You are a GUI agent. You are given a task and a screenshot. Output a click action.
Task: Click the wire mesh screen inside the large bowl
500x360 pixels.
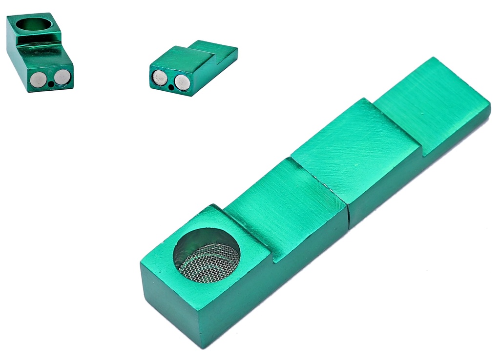pyautogui.click(x=209, y=263)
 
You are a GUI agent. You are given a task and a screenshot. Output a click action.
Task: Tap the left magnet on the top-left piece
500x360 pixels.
pyautogui.click(x=38, y=80)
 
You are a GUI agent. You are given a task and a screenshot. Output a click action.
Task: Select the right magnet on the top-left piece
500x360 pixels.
pyautogui.click(x=62, y=77)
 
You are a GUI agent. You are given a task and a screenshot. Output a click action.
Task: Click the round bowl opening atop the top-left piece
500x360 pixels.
pyautogui.click(x=33, y=23)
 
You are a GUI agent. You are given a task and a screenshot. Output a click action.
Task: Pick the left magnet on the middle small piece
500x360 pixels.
pyautogui.click(x=160, y=78)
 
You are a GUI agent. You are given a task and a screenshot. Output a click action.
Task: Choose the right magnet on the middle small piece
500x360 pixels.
pyautogui.click(x=182, y=82)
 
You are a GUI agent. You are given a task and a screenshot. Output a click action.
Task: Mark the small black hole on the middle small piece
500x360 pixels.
pyautogui.click(x=170, y=88)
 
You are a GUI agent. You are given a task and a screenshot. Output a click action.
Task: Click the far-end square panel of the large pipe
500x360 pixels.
pyautogui.click(x=432, y=103)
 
